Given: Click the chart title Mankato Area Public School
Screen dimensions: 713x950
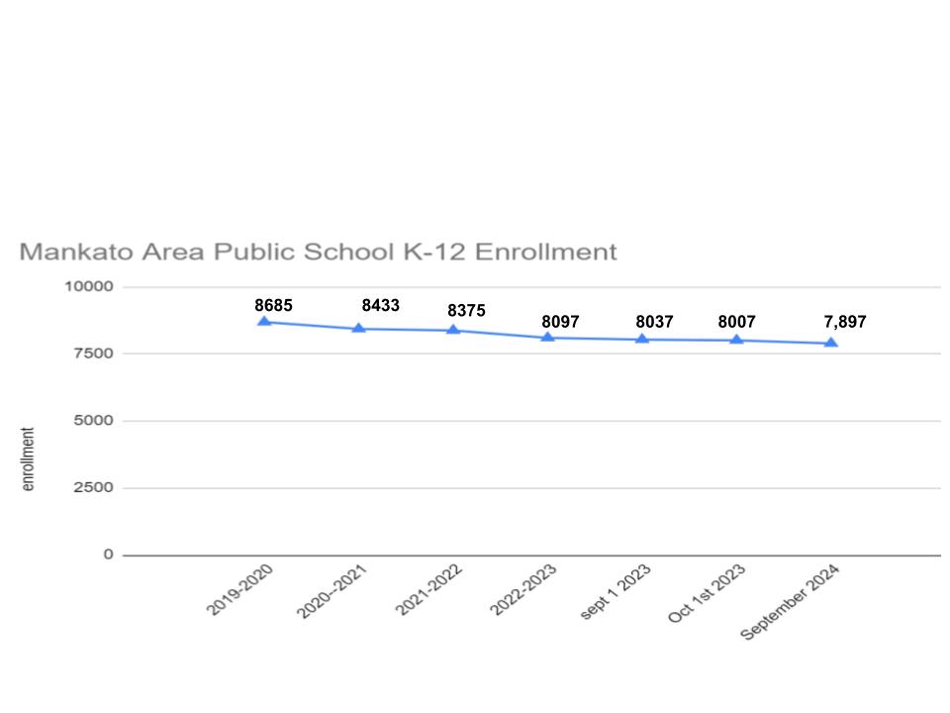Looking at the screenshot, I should point(318,252).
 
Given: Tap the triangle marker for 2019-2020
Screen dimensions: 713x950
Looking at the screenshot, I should point(264,322).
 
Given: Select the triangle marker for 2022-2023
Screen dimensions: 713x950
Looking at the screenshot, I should point(547,338).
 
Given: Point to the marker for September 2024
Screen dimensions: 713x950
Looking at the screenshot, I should point(831,344).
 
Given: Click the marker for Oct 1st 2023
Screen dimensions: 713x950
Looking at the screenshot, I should point(736,340).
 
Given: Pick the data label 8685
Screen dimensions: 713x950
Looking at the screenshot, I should point(273,305).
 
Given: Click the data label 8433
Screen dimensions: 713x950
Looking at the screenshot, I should point(380,305).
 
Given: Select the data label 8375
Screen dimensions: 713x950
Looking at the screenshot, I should point(466,310).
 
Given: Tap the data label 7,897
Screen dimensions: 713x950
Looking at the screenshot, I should point(845,321).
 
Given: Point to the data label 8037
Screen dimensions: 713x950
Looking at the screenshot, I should point(654,321).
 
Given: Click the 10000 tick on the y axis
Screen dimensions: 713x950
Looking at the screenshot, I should point(90,286).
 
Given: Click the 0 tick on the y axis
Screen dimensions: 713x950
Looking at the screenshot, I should point(109,555).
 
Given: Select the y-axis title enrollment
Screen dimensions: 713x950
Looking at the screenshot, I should point(28,458).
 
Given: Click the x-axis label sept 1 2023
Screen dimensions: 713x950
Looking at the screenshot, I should point(616,592).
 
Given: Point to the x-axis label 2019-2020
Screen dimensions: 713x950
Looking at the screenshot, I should point(240,590).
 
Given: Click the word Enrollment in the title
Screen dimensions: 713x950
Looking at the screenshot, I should point(545,252).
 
